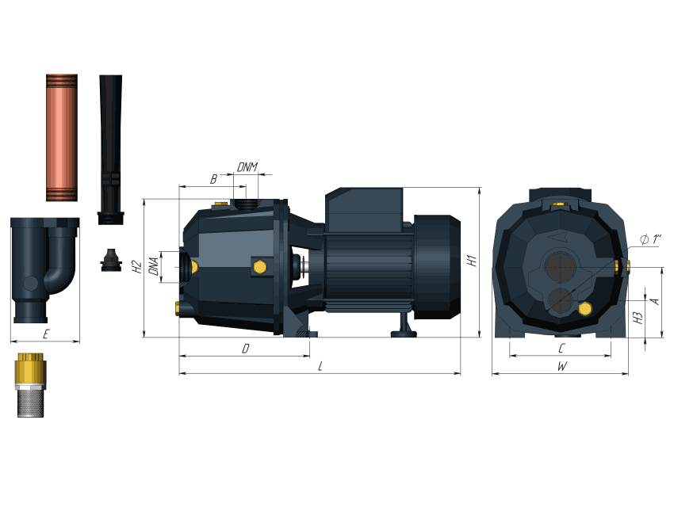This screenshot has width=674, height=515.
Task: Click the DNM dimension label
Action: (247, 167)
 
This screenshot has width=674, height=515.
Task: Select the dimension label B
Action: (213, 179)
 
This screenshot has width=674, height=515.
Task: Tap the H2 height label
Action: (136, 267)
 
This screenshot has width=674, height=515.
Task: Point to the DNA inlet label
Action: (154, 266)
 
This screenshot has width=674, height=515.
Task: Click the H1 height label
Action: (472, 261)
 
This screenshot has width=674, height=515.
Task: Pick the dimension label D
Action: (246, 349)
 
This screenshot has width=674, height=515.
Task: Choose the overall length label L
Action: (320, 366)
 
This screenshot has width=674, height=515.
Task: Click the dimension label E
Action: (45, 334)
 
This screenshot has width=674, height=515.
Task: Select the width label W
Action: (562, 366)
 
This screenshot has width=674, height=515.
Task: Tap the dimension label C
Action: (561, 349)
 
